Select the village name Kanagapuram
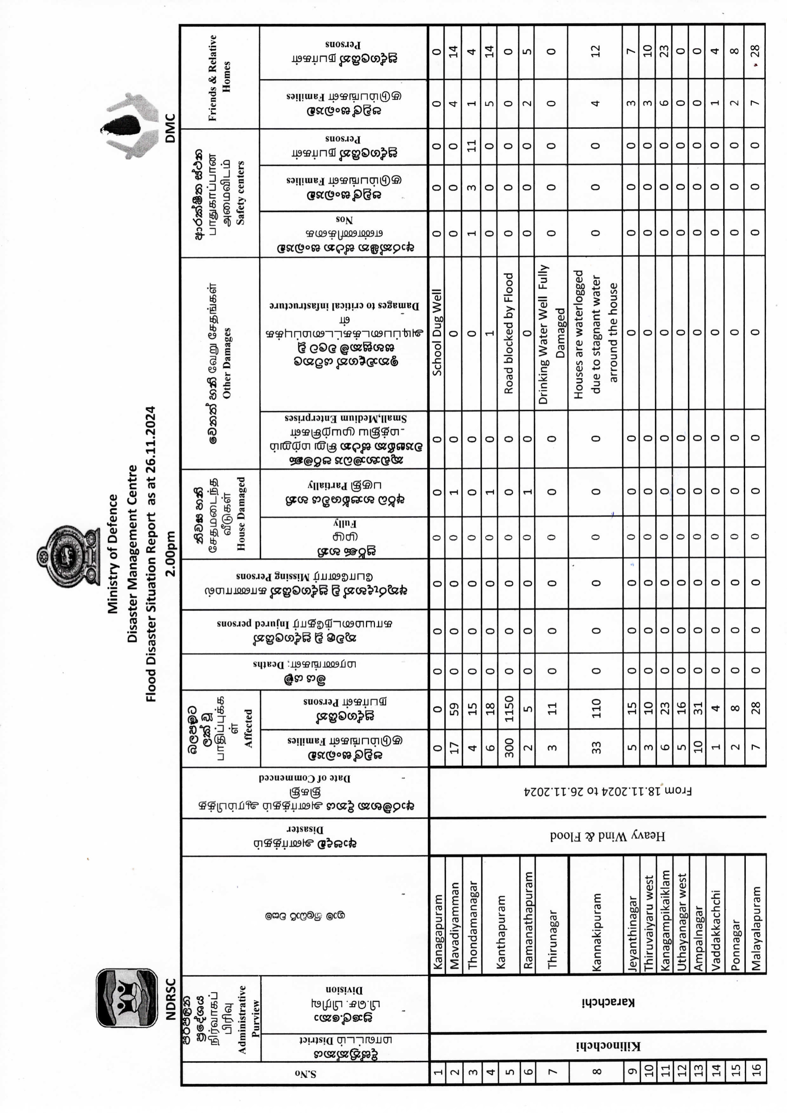(x=437, y=931)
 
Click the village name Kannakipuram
(x=596, y=931)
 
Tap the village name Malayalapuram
(x=756, y=927)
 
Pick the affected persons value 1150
(x=508, y=709)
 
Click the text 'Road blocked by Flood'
(x=508, y=333)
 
